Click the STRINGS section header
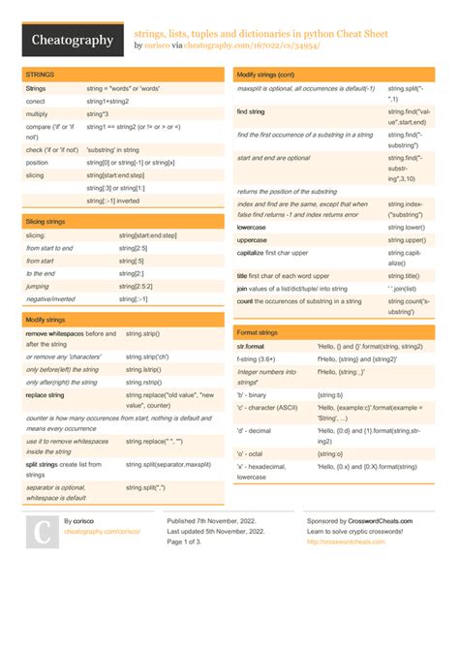point(41,74)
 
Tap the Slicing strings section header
point(46,222)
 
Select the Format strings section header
point(259,332)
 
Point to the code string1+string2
point(107,101)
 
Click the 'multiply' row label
point(37,113)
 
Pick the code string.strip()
point(142,333)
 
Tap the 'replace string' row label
point(45,394)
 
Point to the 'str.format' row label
point(251,346)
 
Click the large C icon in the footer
point(42,534)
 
